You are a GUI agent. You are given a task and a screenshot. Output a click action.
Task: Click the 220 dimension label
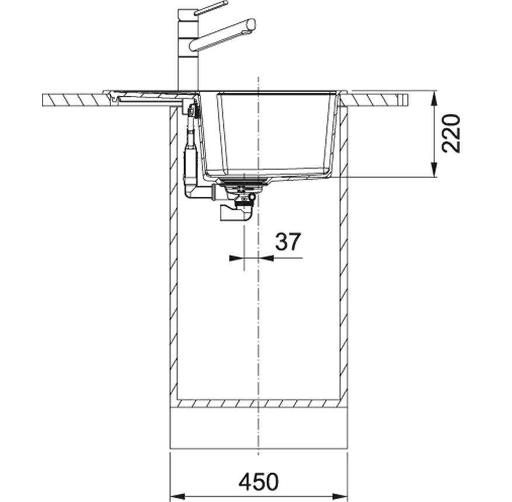click(x=451, y=133)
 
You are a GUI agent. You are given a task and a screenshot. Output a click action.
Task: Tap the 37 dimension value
click(x=288, y=242)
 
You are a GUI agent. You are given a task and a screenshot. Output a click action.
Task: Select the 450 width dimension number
click(x=258, y=482)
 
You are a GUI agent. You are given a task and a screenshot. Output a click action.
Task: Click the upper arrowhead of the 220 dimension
click(x=434, y=99)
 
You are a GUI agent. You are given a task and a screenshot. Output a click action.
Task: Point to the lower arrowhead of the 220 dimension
click(x=434, y=170)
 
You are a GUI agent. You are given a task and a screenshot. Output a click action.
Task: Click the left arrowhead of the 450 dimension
click(x=178, y=497)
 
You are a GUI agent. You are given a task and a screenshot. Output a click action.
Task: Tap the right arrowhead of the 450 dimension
click(x=340, y=497)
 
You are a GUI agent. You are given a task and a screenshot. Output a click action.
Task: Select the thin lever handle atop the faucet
click(x=211, y=8)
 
